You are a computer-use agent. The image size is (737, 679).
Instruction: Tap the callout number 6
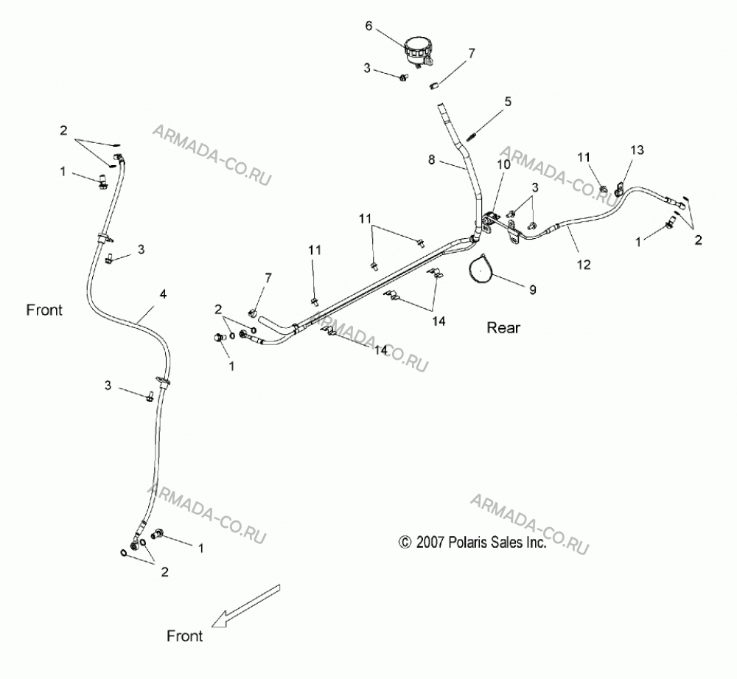coord(368,26)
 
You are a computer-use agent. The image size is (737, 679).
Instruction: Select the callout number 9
coord(533,290)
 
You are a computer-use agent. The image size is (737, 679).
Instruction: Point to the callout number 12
coord(583,265)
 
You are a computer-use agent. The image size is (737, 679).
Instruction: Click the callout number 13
coord(638,150)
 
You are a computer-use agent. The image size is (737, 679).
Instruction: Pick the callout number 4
coord(163,294)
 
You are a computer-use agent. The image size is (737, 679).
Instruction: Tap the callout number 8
coord(431,160)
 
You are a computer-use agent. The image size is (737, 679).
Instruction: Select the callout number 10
coord(503,164)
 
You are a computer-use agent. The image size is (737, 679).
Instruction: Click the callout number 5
coord(508,102)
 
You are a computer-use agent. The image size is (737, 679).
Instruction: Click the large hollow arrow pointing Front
coord(245,606)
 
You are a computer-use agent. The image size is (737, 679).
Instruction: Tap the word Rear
coord(503,328)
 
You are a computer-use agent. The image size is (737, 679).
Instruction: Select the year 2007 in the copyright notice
coord(430,542)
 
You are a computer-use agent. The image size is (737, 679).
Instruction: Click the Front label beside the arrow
coord(185,636)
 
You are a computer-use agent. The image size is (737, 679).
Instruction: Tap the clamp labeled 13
coord(620,189)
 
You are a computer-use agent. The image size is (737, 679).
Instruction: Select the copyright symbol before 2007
coord(405,543)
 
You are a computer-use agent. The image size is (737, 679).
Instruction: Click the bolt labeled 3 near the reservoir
coord(403,77)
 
